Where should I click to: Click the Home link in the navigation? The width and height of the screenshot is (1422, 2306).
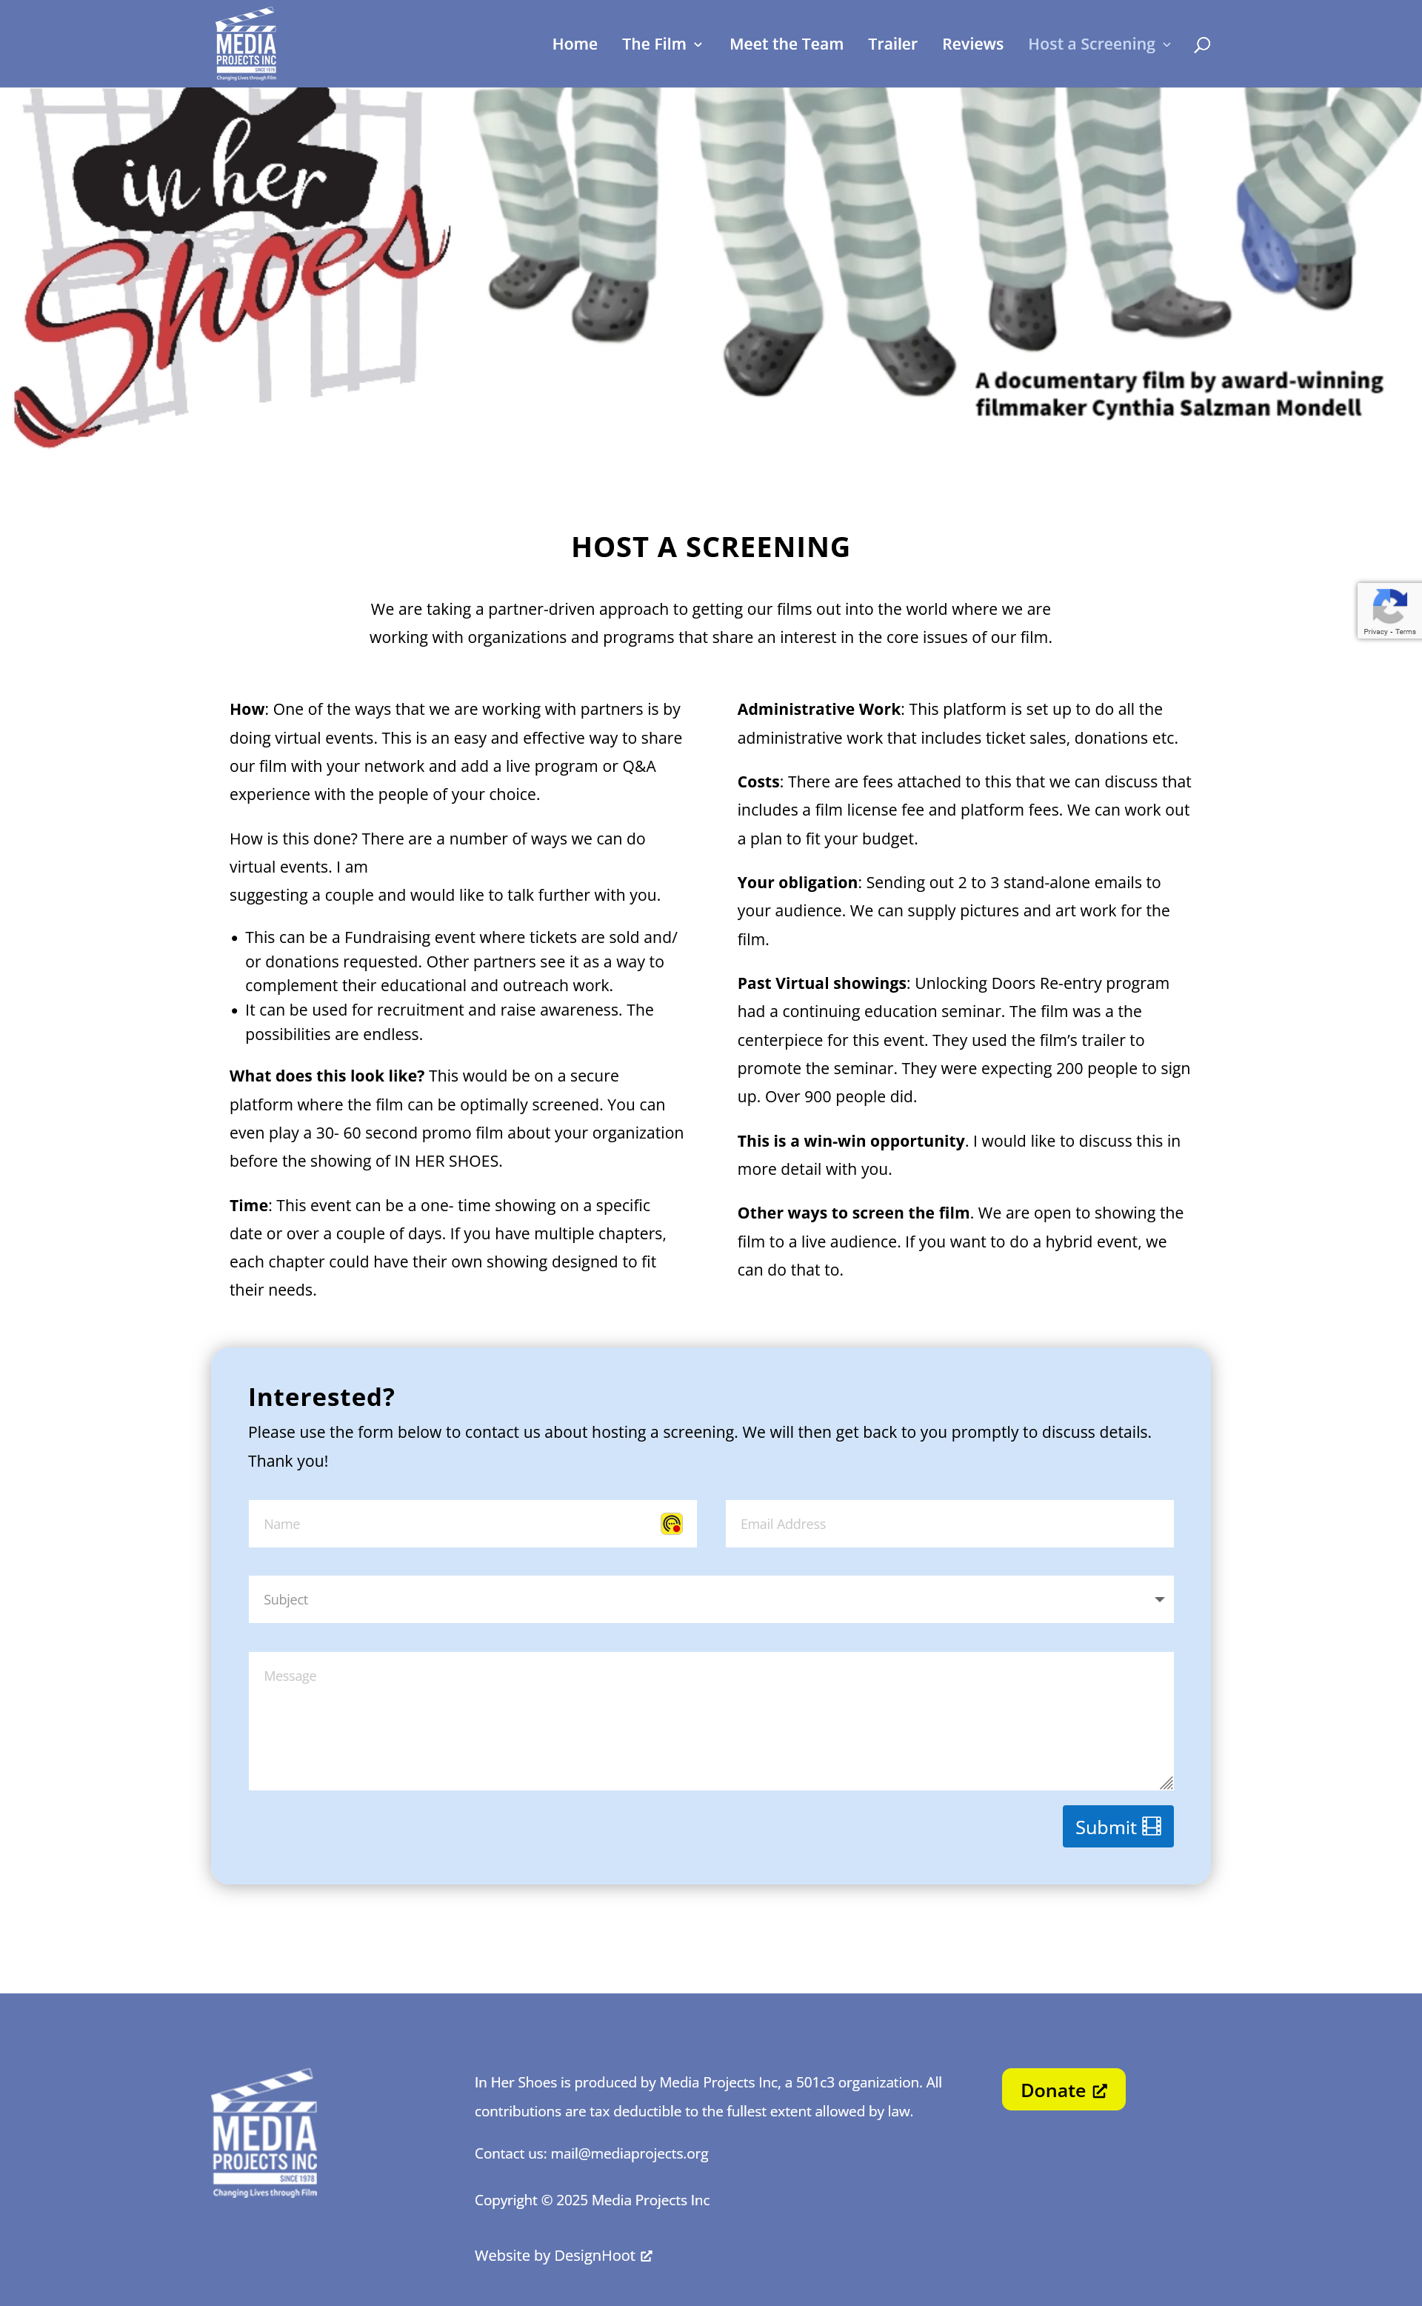click(574, 44)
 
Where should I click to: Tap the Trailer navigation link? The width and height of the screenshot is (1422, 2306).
click(892, 44)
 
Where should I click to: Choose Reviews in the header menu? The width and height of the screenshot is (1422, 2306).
click(972, 44)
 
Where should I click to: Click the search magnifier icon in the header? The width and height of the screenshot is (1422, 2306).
click(1201, 45)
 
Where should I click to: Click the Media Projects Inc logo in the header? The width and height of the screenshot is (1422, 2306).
click(245, 44)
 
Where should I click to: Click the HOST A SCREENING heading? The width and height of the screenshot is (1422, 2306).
click(710, 547)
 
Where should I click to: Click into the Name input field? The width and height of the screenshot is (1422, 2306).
click(452, 1524)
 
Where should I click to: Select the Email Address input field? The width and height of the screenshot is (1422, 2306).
click(948, 1524)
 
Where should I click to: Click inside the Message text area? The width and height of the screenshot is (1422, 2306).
click(710, 1721)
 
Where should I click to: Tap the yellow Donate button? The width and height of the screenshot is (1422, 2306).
click(1063, 2090)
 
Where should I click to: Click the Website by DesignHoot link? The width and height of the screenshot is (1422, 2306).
click(562, 2255)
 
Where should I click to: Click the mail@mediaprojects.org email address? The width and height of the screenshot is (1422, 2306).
click(630, 2153)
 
